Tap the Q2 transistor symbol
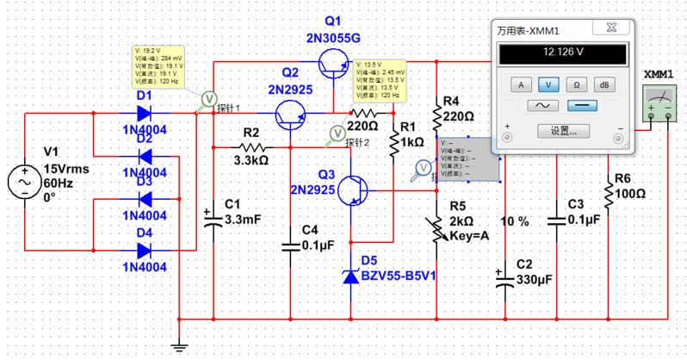(291, 114)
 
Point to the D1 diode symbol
(145, 113)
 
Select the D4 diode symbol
(145, 251)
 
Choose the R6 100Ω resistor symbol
(610, 194)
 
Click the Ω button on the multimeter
(576, 84)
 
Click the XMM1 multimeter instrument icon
(660, 107)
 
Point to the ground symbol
(178, 346)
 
